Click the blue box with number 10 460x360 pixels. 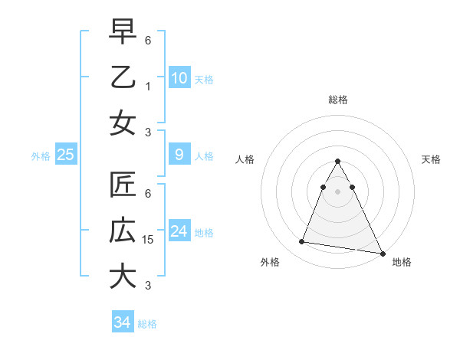coord(179,77)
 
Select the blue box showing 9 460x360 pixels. coord(179,155)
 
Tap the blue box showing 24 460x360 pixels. coord(179,231)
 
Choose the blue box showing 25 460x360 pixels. coord(65,155)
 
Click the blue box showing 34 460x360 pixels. coord(122,322)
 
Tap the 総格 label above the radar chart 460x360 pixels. coord(337,100)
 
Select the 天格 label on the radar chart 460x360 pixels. coord(431,159)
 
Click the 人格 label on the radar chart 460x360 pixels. coord(245,159)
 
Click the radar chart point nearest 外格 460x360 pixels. coord(302,242)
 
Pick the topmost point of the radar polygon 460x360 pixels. coord(337,162)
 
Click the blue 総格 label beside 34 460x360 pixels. coord(147,324)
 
